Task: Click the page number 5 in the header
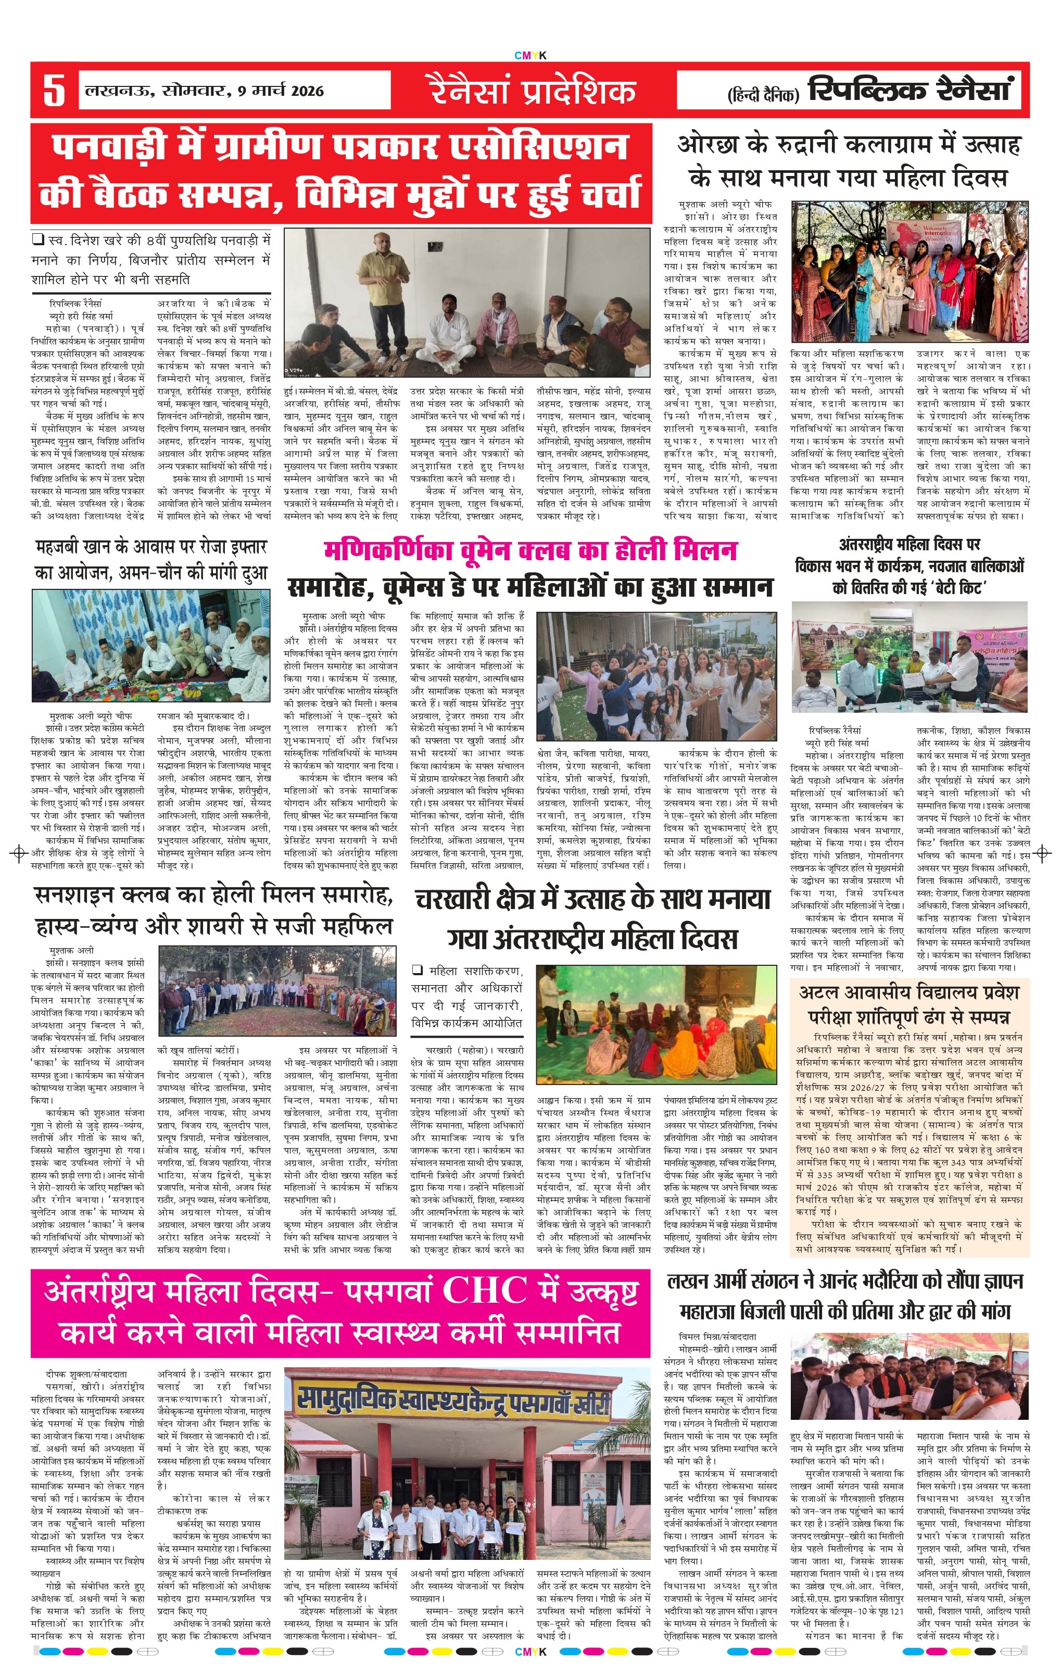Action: click(x=54, y=91)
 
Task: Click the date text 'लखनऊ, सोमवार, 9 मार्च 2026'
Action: click(x=205, y=91)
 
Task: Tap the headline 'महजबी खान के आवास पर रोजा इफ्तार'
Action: click(x=151, y=548)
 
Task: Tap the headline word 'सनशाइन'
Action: click(x=77, y=895)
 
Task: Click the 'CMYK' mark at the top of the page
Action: click(x=530, y=56)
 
